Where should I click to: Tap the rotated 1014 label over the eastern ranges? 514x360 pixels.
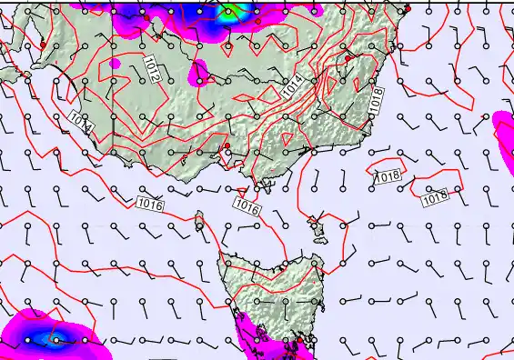coord(293,87)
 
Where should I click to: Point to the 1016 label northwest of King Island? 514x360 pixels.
coord(151,205)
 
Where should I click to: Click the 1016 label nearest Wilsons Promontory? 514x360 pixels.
coord(247,207)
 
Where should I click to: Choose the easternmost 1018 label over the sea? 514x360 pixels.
coord(435,195)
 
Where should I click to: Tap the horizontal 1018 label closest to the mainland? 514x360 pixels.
coord(386,177)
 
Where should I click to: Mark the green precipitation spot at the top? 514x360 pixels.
coord(230,11)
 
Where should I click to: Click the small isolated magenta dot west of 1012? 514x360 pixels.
coord(115,65)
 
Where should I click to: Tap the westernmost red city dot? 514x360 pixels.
coord(43,45)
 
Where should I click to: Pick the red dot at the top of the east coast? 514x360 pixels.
coord(408,8)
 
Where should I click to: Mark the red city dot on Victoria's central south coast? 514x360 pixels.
coord(226,146)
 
